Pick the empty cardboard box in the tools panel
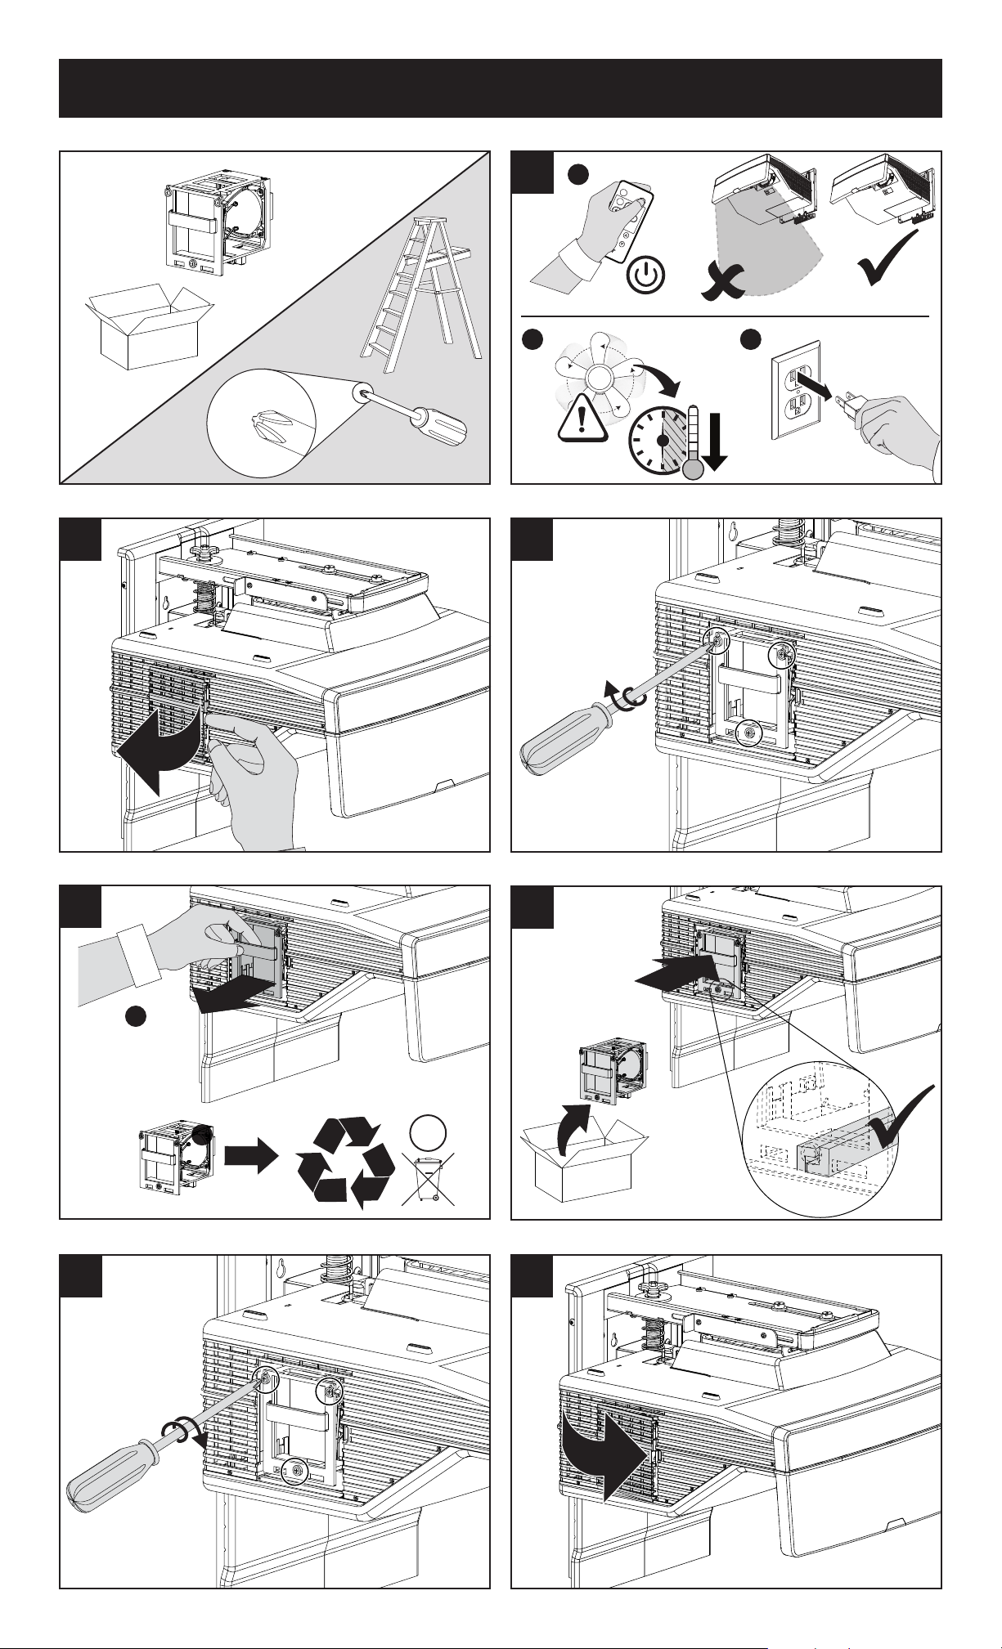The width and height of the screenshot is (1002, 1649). coord(147,327)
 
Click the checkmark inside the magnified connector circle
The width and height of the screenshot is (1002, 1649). coord(900,1120)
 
